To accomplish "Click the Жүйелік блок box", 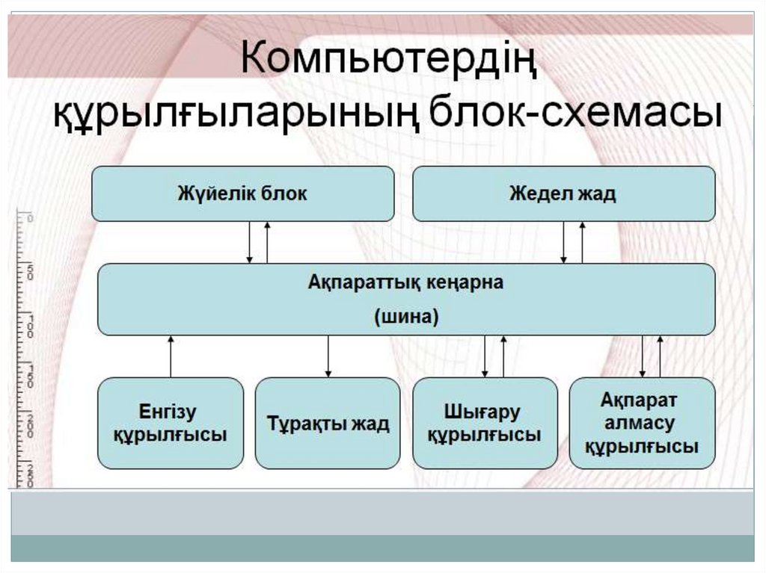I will click(x=242, y=193).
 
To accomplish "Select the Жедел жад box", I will click(x=563, y=193).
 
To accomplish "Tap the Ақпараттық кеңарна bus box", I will click(x=406, y=299).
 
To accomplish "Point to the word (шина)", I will click(x=405, y=317).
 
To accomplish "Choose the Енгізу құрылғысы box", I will click(x=171, y=423).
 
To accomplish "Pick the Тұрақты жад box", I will click(x=328, y=423).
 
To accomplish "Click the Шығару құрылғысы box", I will click(x=485, y=423).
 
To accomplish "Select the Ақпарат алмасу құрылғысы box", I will click(x=642, y=423).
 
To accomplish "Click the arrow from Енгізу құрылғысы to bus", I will click(x=171, y=356).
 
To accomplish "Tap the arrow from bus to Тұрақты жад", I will click(x=328, y=356).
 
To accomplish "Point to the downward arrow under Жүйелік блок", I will click(x=250, y=242).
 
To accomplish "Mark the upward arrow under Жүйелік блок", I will click(x=267, y=242).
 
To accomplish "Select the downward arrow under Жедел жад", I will click(x=565, y=242).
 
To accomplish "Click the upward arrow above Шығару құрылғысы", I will click(x=503, y=356).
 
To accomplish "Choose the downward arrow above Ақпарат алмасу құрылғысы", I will click(x=643, y=356).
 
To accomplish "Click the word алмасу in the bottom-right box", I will click(x=642, y=423).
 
